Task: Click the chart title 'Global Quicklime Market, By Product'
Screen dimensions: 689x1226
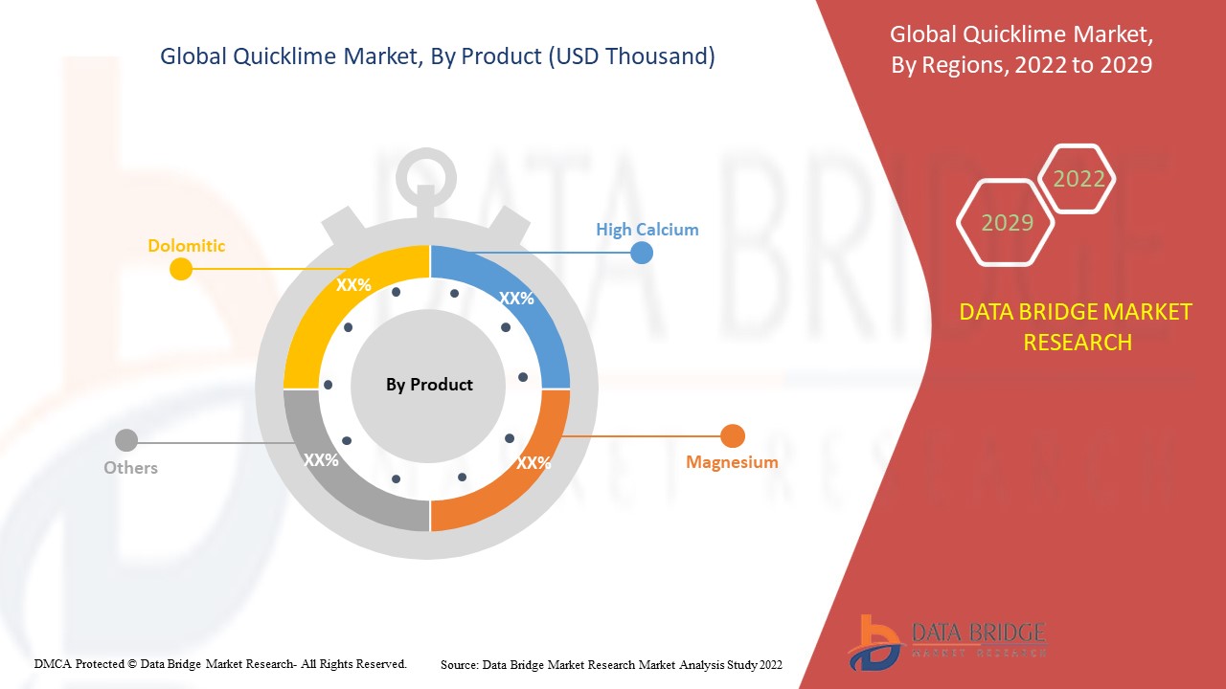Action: tap(437, 57)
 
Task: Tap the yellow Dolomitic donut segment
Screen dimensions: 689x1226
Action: tap(330, 306)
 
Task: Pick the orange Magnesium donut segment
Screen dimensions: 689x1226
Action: tap(522, 469)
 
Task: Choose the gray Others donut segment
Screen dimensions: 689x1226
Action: tap(330, 469)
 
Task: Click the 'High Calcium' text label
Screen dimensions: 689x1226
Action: tap(647, 230)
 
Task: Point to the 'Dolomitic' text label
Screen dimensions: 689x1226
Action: tap(186, 246)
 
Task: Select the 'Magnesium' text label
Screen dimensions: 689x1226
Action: tap(732, 462)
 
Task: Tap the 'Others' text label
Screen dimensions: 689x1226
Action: tap(130, 468)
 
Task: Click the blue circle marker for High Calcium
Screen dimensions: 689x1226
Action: tap(642, 253)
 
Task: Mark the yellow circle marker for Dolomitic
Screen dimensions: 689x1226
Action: tap(180, 269)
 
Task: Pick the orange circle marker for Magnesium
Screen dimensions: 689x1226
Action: tap(732, 436)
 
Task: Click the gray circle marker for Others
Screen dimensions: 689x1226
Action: tap(125, 441)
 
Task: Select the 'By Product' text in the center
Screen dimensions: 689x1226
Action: tap(429, 385)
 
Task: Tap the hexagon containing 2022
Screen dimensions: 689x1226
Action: tap(1078, 179)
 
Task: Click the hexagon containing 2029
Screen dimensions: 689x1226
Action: tap(1007, 222)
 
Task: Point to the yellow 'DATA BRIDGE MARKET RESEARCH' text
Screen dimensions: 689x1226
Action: tap(1077, 326)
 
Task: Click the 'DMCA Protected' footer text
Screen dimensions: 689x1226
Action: tap(220, 663)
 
